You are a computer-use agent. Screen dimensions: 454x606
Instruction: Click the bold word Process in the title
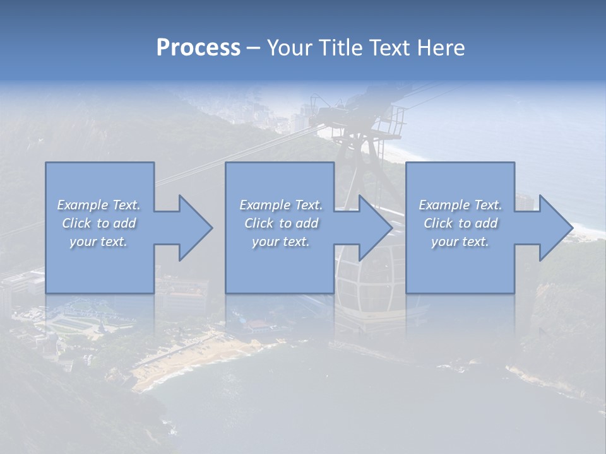198,48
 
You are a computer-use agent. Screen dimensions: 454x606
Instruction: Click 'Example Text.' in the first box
98,205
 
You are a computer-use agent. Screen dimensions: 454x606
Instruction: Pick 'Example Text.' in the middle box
281,205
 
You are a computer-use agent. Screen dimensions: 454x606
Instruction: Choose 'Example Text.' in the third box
460,205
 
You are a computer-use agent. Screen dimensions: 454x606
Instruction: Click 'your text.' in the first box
98,242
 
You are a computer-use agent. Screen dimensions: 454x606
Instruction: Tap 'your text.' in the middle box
281,242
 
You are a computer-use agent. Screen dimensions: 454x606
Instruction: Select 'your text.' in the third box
460,242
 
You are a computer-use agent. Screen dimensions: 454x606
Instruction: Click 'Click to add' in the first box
98,223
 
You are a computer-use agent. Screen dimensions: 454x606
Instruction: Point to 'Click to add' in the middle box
281,223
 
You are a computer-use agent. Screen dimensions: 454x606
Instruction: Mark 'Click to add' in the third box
460,223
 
